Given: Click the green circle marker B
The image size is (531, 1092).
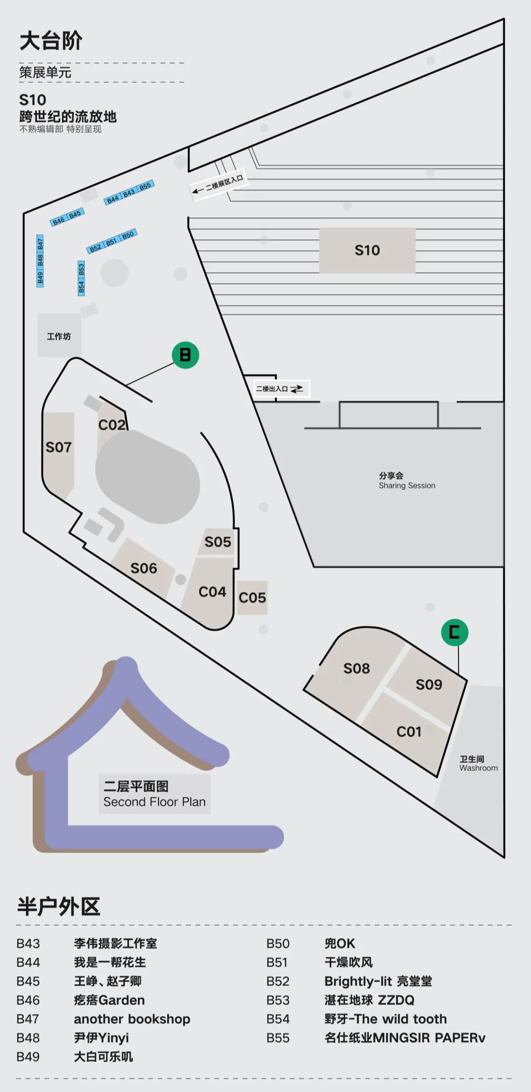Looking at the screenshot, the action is (x=185, y=355).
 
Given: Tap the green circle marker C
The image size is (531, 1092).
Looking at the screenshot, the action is (x=454, y=632).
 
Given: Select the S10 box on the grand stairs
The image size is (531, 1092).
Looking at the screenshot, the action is (x=367, y=250).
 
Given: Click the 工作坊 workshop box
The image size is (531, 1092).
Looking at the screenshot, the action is (x=59, y=336).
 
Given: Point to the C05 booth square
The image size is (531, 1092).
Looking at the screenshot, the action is (x=252, y=598).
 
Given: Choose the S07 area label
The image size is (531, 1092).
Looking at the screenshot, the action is (x=59, y=447).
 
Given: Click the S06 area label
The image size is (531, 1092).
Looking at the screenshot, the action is (x=144, y=569).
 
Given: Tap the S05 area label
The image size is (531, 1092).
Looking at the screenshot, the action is (x=218, y=542).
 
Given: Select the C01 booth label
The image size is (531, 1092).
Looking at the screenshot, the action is (x=409, y=732).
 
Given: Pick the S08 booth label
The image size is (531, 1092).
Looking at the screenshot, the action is (x=356, y=668).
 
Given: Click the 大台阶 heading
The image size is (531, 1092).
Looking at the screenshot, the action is (x=51, y=41).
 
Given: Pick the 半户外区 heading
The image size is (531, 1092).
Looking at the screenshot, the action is (x=59, y=906).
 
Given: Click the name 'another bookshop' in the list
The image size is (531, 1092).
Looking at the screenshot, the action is (x=132, y=1019).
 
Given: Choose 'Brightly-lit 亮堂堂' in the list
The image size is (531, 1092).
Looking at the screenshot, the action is (x=378, y=981).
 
